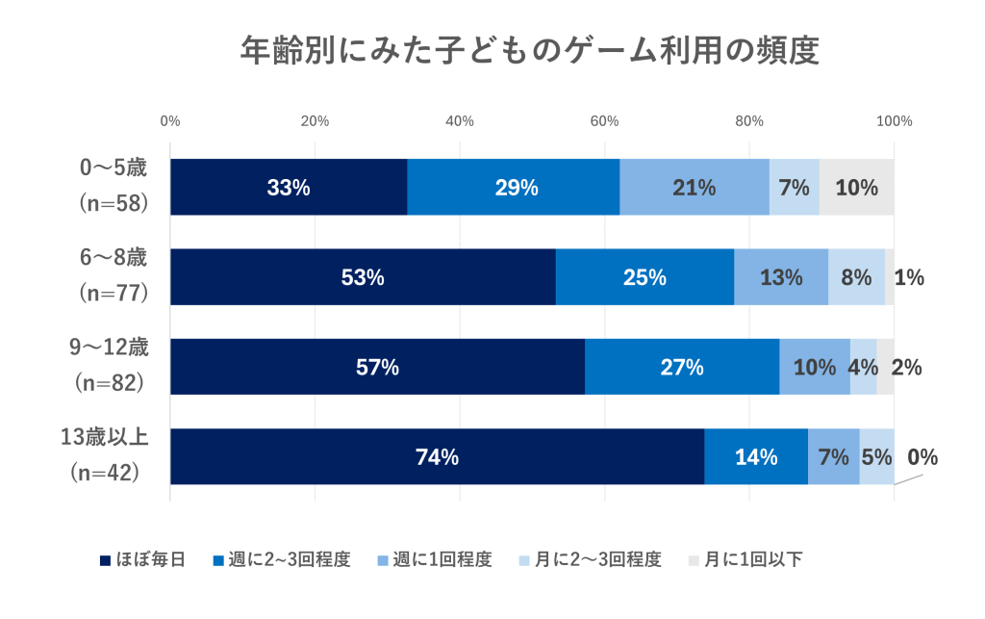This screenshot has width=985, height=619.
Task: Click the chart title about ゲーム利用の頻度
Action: pos(529,50)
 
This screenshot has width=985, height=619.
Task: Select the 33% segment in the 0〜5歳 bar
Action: pos(289,188)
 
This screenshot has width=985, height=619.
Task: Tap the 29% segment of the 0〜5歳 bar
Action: pos(514,188)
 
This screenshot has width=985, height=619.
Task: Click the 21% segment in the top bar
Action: pos(694,188)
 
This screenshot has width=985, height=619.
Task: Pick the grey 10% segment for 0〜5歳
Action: pos(856,188)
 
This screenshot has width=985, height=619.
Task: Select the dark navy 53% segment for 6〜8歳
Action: pos(363,277)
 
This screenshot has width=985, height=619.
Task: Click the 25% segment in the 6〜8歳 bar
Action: pos(644,277)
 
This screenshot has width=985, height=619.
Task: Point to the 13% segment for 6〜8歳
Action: pos(781,277)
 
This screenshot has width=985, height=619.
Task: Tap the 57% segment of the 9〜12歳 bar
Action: pos(377,367)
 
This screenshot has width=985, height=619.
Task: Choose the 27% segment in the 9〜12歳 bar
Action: pos(681,367)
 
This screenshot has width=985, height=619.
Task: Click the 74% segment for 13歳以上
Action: pos(437,457)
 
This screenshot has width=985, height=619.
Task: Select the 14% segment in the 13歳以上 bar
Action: pos(756,457)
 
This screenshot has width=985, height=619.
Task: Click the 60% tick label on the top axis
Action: pos(604,121)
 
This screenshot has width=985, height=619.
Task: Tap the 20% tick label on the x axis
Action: pos(315,121)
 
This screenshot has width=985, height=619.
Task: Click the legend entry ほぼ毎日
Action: pos(142,560)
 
